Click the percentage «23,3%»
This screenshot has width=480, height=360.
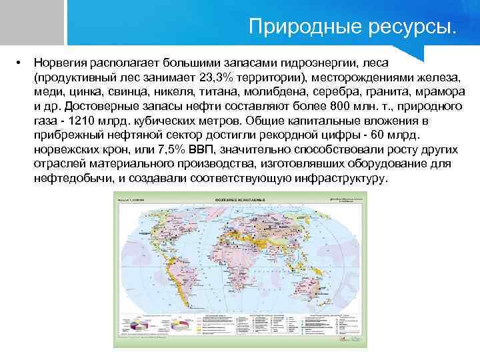click(x=219, y=77)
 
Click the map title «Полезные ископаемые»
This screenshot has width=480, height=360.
click(x=241, y=199)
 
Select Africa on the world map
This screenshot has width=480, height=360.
click(x=237, y=263)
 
